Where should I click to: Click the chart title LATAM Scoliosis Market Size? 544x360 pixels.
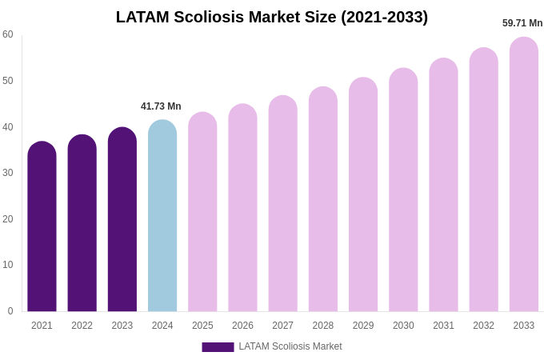(x=272, y=17)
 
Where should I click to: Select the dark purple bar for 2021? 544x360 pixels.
(x=42, y=227)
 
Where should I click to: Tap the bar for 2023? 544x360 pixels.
(x=122, y=220)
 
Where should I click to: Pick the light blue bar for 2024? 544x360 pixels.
(x=162, y=216)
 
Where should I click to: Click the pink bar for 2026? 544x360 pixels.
(x=242, y=208)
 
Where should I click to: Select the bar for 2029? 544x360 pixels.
(x=363, y=195)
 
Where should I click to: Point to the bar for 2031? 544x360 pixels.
(x=443, y=186)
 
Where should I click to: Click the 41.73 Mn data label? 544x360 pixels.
(x=161, y=106)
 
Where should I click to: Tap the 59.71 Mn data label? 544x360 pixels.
(x=522, y=23)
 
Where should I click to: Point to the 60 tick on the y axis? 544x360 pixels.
(x=8, y=34)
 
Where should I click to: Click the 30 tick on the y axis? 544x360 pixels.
(x=8, y=173)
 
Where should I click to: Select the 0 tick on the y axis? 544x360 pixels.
(x=10, y=311)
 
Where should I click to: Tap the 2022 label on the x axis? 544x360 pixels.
(x=82, y=326)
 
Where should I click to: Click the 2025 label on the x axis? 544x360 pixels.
(x=202, y=326)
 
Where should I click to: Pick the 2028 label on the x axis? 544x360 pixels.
(x=323, y=326)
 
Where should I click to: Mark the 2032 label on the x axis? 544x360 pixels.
(x=483, y=326)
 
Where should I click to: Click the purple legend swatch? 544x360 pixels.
(x=218, y=347)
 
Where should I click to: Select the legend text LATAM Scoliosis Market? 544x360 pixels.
(x=290, y=346)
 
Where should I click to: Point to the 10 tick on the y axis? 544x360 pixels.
(x=8, y=265)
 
